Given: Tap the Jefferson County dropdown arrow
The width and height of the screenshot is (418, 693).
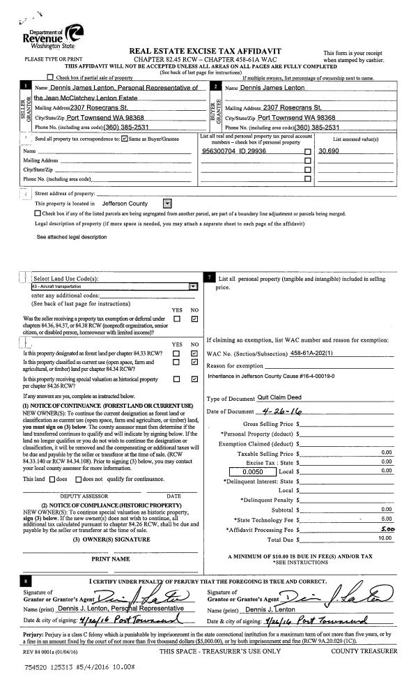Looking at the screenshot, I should click(x=167, y=204).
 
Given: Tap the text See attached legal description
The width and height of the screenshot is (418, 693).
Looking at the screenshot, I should click(x=72, y=237).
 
